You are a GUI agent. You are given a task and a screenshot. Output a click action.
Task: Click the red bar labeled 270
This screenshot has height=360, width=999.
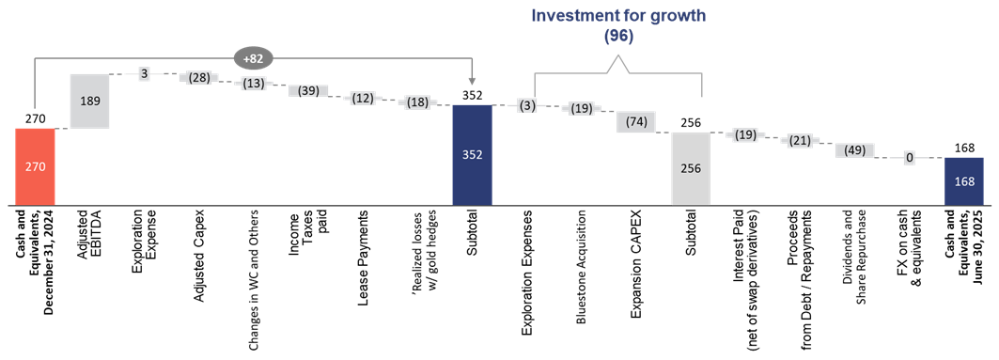[x=35, y=166]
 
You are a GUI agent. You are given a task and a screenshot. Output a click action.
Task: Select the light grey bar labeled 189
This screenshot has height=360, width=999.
[x=89, y=101]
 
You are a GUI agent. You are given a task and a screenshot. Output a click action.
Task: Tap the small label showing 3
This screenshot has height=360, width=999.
[x=144, y=74]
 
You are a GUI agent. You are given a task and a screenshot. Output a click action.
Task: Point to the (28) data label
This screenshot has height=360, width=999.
[x=198, y=77]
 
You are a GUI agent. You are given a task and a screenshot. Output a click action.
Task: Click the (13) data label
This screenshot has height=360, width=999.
[x=253, y=84]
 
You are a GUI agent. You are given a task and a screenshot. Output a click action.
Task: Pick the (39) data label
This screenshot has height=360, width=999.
[x=307, y=91]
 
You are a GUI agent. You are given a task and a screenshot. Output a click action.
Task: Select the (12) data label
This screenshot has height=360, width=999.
[x=362, y=99]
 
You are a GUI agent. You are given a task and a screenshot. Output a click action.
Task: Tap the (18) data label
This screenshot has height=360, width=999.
[x=417, y=103]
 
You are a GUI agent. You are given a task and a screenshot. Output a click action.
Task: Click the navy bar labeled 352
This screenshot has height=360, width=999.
[x=472, y=154]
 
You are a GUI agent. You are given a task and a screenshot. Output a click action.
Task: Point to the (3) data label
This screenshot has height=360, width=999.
[x=526, y=105]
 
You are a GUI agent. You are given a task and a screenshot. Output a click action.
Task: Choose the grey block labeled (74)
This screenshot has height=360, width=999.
[x=636, y=122]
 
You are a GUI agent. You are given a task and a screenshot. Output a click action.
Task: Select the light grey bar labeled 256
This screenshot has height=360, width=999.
[x=691, y=168]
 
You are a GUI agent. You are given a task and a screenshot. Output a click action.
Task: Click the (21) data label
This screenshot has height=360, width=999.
[x=800, y=141]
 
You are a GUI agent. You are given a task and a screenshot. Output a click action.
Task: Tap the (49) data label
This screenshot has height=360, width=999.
[x=854, y=150]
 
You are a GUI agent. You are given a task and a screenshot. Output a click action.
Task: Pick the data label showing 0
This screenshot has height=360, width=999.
[x=909, y=159]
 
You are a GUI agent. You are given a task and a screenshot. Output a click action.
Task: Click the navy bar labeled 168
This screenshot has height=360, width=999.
[x=964, y=180]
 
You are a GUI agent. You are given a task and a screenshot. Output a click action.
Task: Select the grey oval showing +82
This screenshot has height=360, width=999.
[x=252, y=58]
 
